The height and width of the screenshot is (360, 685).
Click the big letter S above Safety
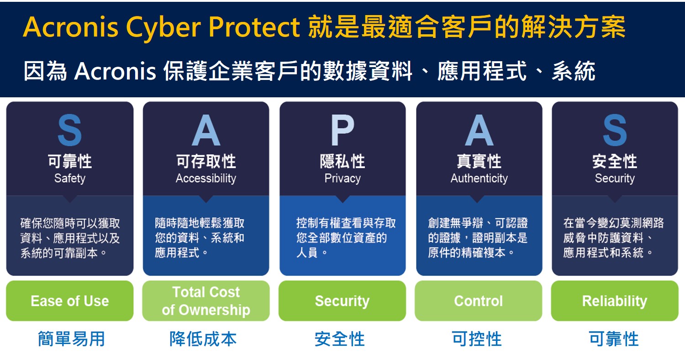click(x=70, y=130)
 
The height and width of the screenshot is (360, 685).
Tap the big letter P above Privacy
click(x=342, y=130)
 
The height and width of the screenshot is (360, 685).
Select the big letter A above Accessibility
click(x=206, y=130)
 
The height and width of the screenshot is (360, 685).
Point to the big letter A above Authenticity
click(x=479, y=130)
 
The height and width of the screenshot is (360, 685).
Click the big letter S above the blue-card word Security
click(x=615, y=130)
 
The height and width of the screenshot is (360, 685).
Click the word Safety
click(x=70, y=178)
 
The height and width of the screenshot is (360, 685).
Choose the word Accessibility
click(x=206, y=178)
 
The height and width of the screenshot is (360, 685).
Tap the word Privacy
click(x=342, y=178)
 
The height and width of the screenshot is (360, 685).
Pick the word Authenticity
click(x=479, y=178)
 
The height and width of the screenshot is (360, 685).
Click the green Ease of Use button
click(x=70, y=301)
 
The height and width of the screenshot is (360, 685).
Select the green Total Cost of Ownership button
click(x=206, y=301)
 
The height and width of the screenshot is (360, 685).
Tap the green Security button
click(x=342, y=301)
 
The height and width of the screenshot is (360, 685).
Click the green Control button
click(x=479, y=301)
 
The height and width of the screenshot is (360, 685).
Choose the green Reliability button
click(x=615, y=301)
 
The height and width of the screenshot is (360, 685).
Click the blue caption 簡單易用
click(x=71, y=339)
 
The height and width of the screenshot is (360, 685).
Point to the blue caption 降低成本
click(x=203, y=339)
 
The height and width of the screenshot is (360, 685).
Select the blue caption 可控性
click(x=477, y=339)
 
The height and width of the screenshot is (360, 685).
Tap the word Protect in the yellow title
click(x=254, y=27)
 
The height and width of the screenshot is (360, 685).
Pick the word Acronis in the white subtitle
click(x=115, y=71)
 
